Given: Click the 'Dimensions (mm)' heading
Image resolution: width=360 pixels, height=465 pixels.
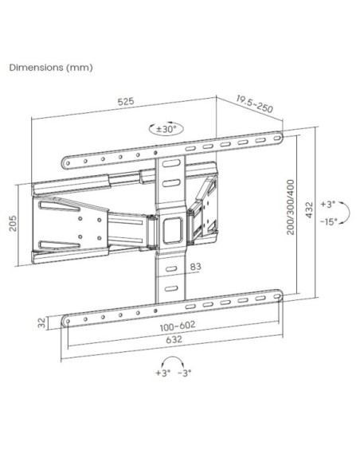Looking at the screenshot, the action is point(51,68).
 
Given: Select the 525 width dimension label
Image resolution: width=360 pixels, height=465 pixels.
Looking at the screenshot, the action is point(126,101).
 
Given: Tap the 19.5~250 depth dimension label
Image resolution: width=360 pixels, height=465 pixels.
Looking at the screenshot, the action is point(254,104).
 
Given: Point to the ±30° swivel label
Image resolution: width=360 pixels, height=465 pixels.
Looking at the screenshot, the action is point(166,129).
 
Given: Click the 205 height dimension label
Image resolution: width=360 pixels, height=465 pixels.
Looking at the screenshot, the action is point(14,223).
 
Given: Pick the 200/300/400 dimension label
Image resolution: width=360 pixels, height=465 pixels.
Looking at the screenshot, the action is point(291,207).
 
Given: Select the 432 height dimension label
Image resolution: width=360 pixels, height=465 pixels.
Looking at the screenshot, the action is point(309,210).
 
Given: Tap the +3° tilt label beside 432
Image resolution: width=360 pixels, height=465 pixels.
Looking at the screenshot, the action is point(327,205).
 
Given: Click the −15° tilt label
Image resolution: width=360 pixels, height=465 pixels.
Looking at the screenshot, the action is point(329,221).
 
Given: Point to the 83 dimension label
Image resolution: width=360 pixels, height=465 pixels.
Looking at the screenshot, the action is point(195,267).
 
